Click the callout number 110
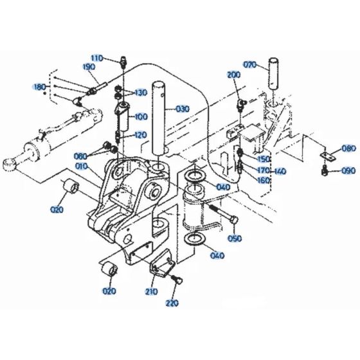[96, 58]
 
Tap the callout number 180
[40, 86]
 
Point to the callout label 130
[140, 93]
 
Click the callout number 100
[140, 118]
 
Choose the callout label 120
[140, 136]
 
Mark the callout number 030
[183, 109]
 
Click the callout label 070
[249, 64]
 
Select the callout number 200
[234, 76]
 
